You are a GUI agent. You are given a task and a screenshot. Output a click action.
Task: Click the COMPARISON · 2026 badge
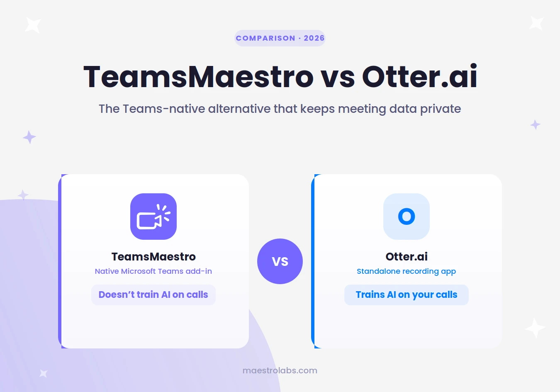click(x=280, y=38)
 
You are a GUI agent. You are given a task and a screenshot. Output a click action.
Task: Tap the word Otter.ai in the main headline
click(x=420, y=76)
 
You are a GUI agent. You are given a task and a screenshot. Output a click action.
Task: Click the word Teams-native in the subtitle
click(x=164, y=109)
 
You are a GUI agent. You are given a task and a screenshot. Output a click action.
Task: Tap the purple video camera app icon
click(x=153, y=217)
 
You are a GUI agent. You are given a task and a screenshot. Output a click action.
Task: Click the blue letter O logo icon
click(x=407, y=217)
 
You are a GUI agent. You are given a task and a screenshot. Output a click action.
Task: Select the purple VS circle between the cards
click(x=280, y=261)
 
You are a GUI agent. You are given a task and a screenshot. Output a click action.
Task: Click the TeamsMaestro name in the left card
click(x=153, y=257)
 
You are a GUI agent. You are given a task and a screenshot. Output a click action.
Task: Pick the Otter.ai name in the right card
click(x=407, y=257)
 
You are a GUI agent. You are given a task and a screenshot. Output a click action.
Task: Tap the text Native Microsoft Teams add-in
click(x=153, y=271)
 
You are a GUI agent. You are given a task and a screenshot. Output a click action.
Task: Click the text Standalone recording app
click(x=407, y=272)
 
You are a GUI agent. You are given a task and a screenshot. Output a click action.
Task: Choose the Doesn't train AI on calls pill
click(x=153, y=295)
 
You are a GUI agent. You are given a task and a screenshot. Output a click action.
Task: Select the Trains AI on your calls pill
click(x=407, y=295)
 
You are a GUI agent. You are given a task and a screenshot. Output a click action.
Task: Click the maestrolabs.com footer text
click(x=280, y=370)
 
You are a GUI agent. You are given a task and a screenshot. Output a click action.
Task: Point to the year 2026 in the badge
click(x=314, y=38)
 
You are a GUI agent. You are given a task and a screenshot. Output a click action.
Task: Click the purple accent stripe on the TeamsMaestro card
click(x=60, y=261)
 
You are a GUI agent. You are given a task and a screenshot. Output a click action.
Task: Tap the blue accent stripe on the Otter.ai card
click(x=313, y=261)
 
